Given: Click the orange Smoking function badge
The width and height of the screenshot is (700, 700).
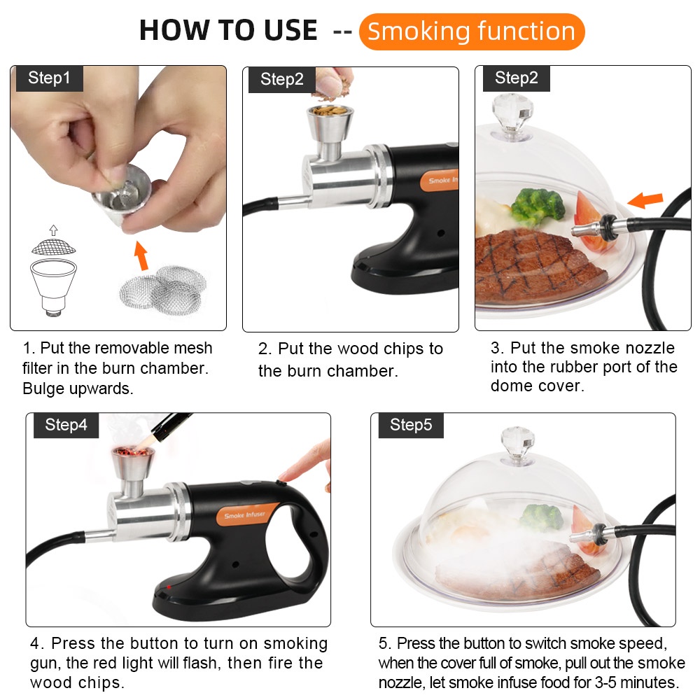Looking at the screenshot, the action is point(471,31).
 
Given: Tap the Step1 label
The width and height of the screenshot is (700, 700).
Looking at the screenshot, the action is point(49,78).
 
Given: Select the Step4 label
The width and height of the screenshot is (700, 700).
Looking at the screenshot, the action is point(66,425).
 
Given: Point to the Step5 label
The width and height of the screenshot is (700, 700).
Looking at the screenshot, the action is point(411,425).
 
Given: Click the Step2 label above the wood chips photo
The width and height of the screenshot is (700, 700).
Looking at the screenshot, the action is point(281,80).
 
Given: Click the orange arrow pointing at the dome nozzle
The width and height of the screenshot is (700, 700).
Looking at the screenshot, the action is point(645,199).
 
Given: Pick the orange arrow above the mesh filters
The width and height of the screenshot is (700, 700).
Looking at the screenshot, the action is point(141,255).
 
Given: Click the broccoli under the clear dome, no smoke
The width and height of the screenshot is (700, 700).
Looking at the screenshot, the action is point(538,206).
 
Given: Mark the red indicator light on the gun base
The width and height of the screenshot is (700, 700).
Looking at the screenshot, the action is point(169,587).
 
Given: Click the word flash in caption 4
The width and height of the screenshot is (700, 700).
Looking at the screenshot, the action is point(202,663).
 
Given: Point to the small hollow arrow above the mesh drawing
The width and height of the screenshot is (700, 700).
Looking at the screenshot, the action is point(54,230).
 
